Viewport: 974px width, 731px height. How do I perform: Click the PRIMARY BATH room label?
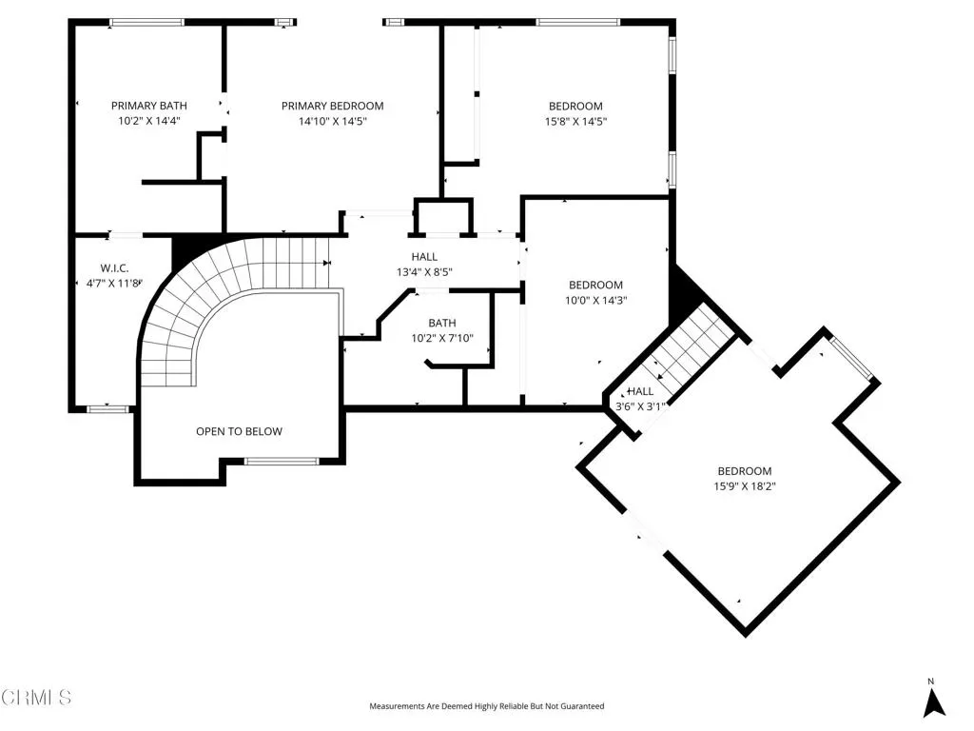[x=149, y=106]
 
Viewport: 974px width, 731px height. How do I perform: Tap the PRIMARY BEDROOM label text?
[x=332, y=106]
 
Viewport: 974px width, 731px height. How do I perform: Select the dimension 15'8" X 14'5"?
[x=575, y=121]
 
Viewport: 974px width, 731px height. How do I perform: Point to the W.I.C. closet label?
[x=114, y=268]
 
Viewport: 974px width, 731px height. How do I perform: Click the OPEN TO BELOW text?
[x=239, y=431]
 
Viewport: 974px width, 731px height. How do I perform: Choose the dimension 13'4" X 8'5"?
[x=424, y=271]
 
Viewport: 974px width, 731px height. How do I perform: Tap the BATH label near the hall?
[x=442, y=323]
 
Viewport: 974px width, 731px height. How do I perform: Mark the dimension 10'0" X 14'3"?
[x=595, y=300]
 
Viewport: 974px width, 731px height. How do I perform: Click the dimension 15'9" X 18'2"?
[x=745, y=486]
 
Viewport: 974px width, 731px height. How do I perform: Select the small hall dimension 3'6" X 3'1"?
[x=640, y=406]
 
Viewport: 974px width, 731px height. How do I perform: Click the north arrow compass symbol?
[x=933, y=700]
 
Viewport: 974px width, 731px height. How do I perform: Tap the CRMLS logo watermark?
[x=36, y=698]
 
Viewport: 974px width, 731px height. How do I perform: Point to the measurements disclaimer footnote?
[x=486, y=706]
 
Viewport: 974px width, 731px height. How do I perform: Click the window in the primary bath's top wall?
[x=147, y=23]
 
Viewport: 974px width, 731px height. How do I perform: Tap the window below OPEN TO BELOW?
[x=282, y=462]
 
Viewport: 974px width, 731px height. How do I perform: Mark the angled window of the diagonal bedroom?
[x=851, y=358]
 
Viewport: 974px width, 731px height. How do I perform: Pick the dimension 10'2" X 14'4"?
[x=149, y=121]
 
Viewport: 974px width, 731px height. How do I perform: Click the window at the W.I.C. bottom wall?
[x=107, y=409]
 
